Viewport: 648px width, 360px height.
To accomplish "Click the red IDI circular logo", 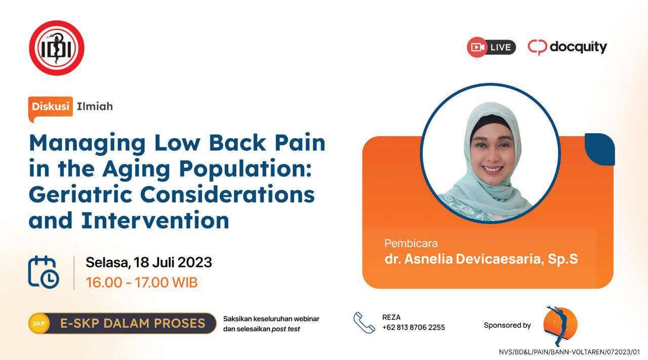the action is (57, 48).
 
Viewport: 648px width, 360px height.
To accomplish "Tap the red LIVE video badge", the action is (491, 47).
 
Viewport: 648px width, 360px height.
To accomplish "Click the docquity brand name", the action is (578, 48).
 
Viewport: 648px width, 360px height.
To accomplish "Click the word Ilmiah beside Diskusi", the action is (95, 106).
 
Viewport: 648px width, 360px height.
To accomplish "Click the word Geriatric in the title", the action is (80, 194).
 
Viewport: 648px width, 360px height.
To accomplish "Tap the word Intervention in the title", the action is (155, 220).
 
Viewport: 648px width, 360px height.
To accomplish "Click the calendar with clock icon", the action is (44, 272).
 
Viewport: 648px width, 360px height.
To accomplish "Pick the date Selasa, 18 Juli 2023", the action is (149, 262).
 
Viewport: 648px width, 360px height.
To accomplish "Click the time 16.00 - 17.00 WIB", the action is (142, 283).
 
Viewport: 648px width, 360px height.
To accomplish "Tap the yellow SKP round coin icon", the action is (39, 323).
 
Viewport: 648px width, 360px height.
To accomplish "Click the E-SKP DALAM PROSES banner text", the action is (133, 323).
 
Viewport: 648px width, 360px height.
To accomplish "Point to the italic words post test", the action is (286, 329).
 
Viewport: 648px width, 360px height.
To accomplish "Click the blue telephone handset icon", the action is (364, 323).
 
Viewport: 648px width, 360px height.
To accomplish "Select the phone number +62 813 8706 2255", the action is (414, 327).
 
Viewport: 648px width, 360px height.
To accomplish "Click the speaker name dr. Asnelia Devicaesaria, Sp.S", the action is (481, 259).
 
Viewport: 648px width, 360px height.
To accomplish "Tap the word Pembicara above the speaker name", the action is (411, 244).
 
